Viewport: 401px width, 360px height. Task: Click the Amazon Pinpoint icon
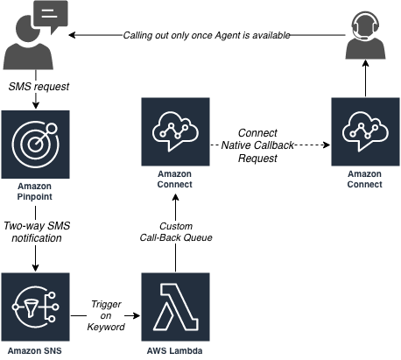(35, 145)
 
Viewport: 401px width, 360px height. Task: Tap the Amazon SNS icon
(35, 307)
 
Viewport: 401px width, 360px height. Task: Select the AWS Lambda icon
(175, 307)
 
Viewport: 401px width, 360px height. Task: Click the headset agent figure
(365, 35)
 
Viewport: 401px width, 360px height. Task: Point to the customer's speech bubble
(51, 16)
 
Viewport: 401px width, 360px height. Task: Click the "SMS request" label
(39, 87)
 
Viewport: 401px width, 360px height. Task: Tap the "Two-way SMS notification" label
(37, 232)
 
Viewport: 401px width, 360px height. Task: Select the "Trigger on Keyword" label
(106, 315)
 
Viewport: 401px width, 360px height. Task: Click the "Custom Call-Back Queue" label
(176, 232)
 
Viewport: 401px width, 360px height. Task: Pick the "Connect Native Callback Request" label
(257, 145)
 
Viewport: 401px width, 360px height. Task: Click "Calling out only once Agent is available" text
(207, 35)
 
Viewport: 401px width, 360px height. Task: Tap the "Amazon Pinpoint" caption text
(34, 191)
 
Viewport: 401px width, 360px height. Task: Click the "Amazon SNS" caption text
(34, 350)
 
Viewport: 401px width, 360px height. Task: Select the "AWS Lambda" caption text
(174, 350)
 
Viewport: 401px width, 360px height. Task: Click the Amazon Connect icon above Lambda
(175, 131)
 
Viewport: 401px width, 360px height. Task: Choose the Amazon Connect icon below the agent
(365, 131)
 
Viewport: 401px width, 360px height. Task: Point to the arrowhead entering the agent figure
(365, 63)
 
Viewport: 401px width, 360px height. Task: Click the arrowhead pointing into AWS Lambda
(137, 315)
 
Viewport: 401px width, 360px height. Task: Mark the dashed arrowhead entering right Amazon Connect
(327, 145)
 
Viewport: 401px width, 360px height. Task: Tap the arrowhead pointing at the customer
(72, 35)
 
